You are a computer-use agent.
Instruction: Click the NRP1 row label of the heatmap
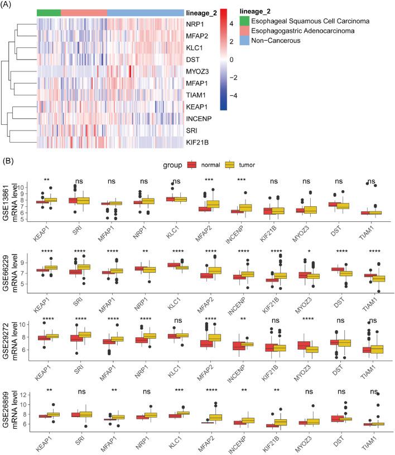coord(195,25)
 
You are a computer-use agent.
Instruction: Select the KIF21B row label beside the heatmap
coord(197,144)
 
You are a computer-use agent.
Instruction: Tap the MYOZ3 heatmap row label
coord(197,72)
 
